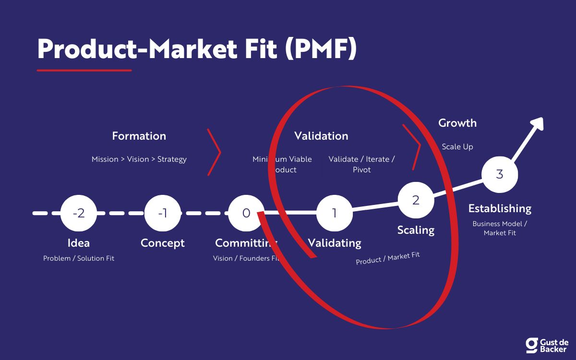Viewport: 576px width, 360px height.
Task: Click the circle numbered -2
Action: pos(79,213)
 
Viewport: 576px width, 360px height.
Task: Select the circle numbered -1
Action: pos(163,213)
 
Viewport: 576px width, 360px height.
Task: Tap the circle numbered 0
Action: pos(246,213)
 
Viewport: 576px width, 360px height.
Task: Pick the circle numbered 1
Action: pos(335,213)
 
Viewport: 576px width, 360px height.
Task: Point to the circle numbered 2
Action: pos(416,200)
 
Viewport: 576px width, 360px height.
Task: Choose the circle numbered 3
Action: pos(500,174)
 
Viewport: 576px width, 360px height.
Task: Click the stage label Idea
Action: pos(79,243)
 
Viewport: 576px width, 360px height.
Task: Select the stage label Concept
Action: pos(163,243)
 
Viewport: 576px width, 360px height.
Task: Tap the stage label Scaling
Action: pos(416,230)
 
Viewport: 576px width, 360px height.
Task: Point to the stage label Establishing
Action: pos(500,208)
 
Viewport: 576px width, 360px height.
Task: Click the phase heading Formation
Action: pos(139,136)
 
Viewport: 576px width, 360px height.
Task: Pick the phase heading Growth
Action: pos(457,123)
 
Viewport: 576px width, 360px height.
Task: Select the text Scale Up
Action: pos(457,146)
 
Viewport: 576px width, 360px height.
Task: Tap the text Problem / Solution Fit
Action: pos(79,258)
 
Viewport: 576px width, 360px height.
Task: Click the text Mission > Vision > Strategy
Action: pos(139,159)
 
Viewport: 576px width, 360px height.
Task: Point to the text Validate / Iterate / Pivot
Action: pos(362,164)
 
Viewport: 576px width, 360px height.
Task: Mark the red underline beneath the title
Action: pos(84,70)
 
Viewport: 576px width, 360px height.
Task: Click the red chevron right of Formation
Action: pos(214,152)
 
